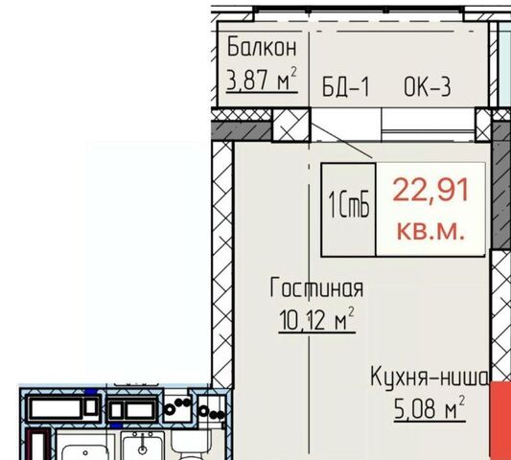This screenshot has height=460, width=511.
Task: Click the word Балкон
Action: pyautogui.click(x=262, y=48)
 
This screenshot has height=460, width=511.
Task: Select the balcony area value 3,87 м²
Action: pyautogui.click(x=262, y=80)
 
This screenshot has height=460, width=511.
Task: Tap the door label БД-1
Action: pyautogui.click(x=346, y=87)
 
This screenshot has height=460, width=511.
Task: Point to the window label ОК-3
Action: pyautogui.click(x=428, y=87)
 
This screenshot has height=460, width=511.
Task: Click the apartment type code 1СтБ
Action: pyautogui.click(x=349, y=205)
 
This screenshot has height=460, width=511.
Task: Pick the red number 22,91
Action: pyautogui.click(x=430, y=191)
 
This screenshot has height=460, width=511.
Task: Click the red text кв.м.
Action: pyautogui.click(x=430, y=231)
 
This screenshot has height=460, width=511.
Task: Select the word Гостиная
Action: pyautogui.click(x=316, y=287)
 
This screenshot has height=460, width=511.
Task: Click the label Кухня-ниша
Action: pyautogui.click(x=430, y=378)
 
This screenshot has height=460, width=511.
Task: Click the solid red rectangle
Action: pyautogui.click(x=500, y=421)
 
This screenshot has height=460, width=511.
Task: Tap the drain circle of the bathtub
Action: pyautogui.click(x=85, y=453)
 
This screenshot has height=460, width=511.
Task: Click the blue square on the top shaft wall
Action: pyautogui.click(x=91, y=392)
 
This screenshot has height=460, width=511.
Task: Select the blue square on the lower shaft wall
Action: pyautogui.click(x=115, y=425)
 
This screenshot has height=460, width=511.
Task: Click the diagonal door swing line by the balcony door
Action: pyautogui.click(x=342, y=141)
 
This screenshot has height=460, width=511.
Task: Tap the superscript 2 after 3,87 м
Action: pyautogui.click(x=294, y=72)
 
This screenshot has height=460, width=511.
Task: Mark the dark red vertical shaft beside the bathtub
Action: pyautogui.click(x=38, y=445)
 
